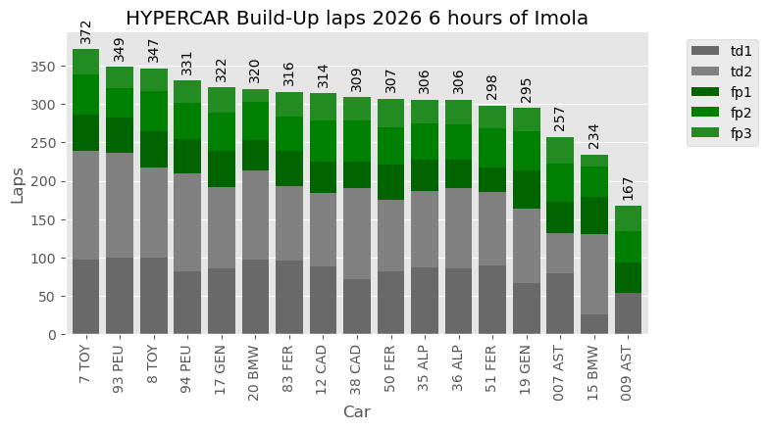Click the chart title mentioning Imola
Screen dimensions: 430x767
(358, 18)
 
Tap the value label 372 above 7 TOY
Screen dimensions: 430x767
(86, 31)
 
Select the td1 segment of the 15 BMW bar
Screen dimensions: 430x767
(594, 324)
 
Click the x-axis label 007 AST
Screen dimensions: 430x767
(560, 371)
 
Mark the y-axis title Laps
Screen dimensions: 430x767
(18, 182)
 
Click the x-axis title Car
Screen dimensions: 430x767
(356, 412)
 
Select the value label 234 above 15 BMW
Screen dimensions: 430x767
(594, 137)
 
